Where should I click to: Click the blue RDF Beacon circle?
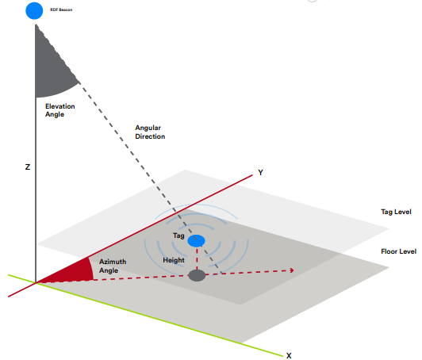point(34,11)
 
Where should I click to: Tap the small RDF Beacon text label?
point(61,10)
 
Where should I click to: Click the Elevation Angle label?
point(59,110)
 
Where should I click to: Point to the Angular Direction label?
point(150,132)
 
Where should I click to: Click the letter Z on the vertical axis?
point(28,167)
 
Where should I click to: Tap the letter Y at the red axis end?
point(260,172)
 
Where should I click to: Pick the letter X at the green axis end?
point(289,356)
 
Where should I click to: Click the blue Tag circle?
point(197,241)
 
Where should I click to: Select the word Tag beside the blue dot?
point(178,236)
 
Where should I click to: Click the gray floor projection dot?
point(197,275)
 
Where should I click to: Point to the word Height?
point(174,260)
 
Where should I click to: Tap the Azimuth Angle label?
point(113,266)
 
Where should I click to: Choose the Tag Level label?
point(396,212)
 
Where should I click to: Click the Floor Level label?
point(398,251)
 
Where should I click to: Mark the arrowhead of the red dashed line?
point(292,270)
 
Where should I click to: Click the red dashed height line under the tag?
point(197,259)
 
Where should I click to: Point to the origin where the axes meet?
point(36,282)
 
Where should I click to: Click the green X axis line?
point(146,316)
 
